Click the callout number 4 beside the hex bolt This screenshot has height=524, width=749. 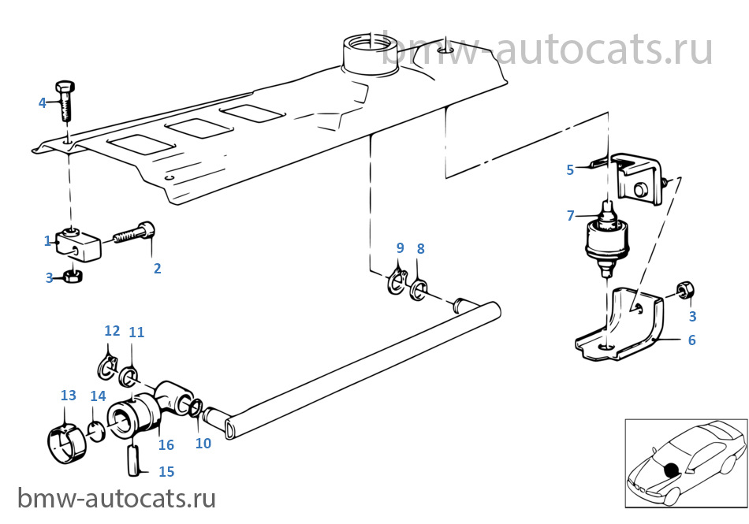[43, 102]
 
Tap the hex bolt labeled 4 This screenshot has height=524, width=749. [65, 101]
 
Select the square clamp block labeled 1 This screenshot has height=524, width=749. [79, 244]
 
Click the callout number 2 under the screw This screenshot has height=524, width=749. [157, 268]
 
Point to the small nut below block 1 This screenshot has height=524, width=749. [73, 276]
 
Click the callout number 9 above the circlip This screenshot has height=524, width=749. [401, 247]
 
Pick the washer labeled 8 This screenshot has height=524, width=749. [419, 291]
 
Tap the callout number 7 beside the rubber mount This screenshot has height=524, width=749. [570, 216]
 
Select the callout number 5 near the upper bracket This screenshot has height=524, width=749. [570, 170]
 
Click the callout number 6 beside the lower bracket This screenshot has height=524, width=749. [691, 340]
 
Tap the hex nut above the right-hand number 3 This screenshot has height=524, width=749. [685, 290]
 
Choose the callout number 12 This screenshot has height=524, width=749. [112, 331]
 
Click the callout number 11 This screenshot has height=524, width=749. [136, 333]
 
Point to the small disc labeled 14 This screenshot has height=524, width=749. [97, 431]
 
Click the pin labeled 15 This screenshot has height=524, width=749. [134, 460]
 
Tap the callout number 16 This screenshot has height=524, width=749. [166, 444]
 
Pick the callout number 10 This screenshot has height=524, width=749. [203, 444]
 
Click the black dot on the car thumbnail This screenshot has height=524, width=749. [671, 470]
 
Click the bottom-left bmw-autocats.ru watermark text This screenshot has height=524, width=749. [117, 498]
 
